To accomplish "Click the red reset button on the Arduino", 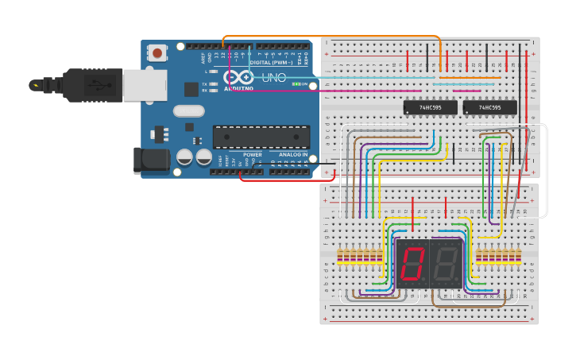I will coord(157,53).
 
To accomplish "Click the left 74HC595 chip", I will coord(430,106).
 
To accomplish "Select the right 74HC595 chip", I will coord(489,106).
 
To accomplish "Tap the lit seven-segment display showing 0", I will coord(412,263).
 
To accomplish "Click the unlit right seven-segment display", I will coord(446,263).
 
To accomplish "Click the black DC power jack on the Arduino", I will coord(151,161).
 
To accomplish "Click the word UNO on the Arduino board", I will coord(274,77).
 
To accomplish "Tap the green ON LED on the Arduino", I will coord(296,83).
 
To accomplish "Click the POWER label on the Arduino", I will coord(253,154).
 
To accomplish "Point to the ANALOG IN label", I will coord(292,154).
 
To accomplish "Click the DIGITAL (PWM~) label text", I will coord(270,62).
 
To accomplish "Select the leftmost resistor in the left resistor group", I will coord(341,256).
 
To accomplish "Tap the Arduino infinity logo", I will coord(238,77).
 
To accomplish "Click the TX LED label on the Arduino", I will coord(204,83).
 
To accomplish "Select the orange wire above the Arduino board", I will coord(334,36).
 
